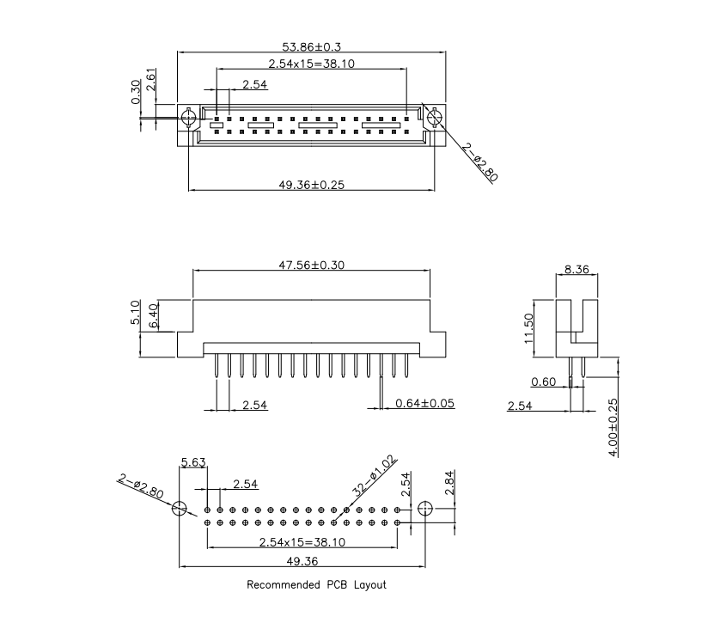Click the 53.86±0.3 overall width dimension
pyautogui.click(x=313, y=46)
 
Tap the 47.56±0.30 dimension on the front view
pyautogui.click(x=311, y=266)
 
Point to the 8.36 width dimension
pyautogui.click(x=577, y=269)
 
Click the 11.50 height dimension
pyautogui.click(x=529, y=328)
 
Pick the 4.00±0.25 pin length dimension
pyautogui.click(x=613, y=425)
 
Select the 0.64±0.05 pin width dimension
pyautogui.click(x=424, y=403)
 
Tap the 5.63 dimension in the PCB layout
pyautogui.click(x=192, y=464)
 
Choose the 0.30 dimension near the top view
pyautogui.click(x=136, y=92)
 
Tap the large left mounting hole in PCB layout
pyautogui.click(x=179, y=508)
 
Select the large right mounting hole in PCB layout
pyautogui.click(x=424, y=509)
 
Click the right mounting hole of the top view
pyautogui.click(x=434, y=116)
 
